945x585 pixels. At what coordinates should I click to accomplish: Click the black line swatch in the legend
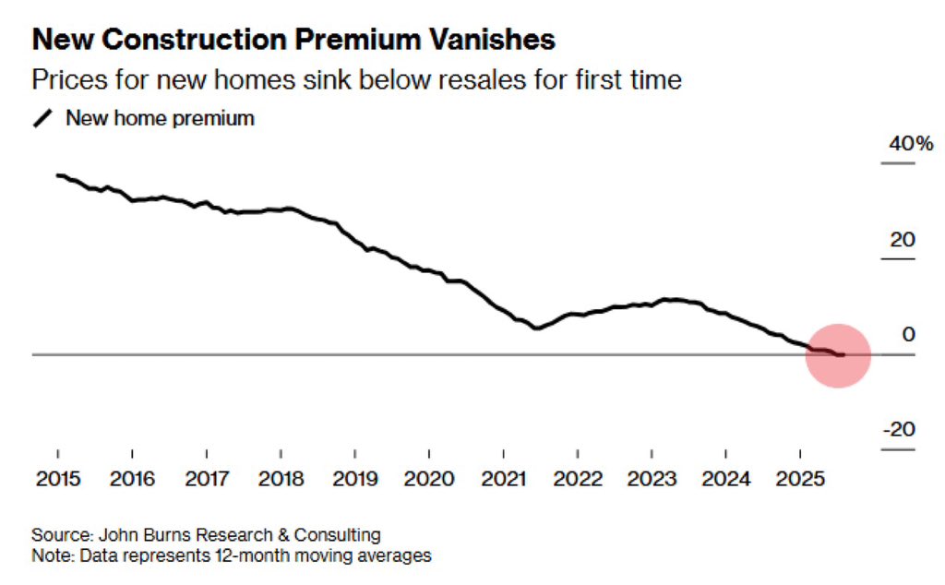[44, 118]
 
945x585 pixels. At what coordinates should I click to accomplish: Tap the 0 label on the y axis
[908, 334]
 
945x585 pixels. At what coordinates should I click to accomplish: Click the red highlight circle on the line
[838, 355]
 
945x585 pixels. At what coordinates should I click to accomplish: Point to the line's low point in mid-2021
[535, 328]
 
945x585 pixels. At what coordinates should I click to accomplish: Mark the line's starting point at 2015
[58, 174]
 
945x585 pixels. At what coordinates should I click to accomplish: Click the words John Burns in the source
[129, 535]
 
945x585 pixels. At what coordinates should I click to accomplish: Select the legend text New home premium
[160, 118]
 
